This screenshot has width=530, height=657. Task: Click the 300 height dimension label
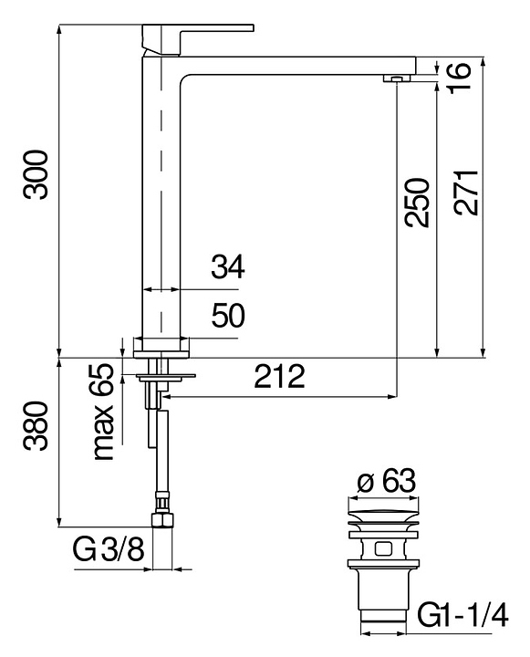36,174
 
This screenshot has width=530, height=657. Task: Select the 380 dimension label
36,426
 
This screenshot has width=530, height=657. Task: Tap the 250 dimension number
417,203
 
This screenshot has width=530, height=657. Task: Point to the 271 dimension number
466,193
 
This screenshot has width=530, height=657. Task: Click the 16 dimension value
460,78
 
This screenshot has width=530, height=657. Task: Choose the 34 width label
227,267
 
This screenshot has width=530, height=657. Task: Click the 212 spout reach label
279,376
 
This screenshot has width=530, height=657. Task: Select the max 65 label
103,412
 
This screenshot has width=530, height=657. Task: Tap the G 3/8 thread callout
109,548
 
